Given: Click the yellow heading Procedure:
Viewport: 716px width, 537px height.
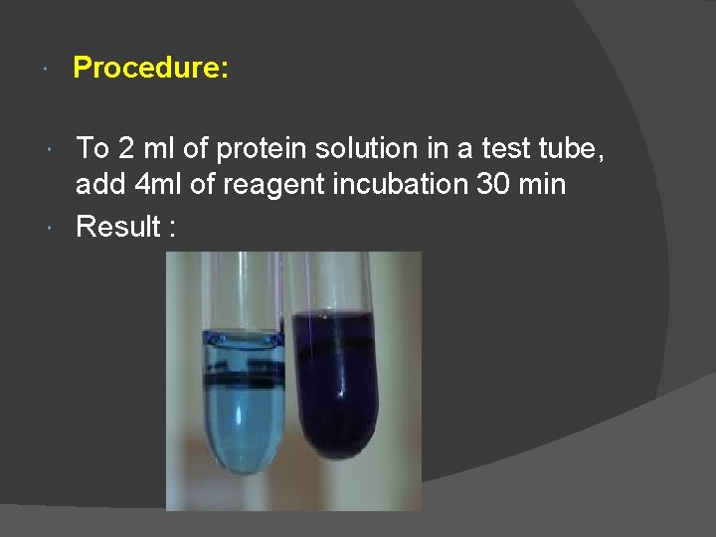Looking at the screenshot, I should (151, 68).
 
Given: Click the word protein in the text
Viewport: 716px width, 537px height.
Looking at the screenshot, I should (261, 148).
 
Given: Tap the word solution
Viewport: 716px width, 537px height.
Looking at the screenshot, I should (361, 148).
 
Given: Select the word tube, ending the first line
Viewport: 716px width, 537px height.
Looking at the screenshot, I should (574, 148).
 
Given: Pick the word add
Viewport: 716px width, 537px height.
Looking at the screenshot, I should (99, 184).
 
